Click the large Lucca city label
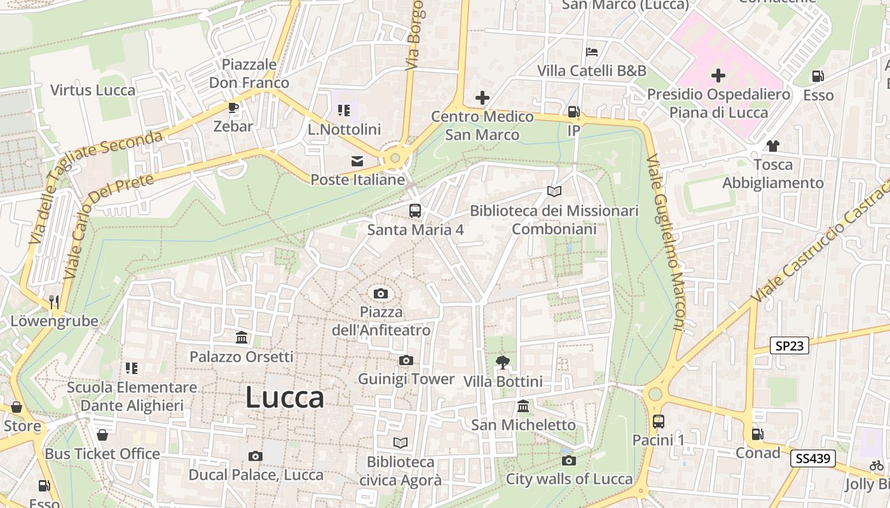285,398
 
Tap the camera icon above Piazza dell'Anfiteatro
381,293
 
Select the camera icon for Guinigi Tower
406,361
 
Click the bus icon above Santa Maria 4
414,210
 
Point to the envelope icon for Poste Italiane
357,161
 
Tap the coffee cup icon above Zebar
233,107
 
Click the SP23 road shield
790,346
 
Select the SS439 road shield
813,458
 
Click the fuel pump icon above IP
573,112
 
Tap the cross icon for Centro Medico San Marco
483,98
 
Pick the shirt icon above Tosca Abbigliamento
772,146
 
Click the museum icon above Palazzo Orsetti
242,338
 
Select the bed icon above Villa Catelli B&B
592,51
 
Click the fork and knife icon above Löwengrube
54,302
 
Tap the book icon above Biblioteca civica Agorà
400,443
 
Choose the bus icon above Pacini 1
659,421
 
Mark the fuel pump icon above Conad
757,434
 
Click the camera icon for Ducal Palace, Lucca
256,456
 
